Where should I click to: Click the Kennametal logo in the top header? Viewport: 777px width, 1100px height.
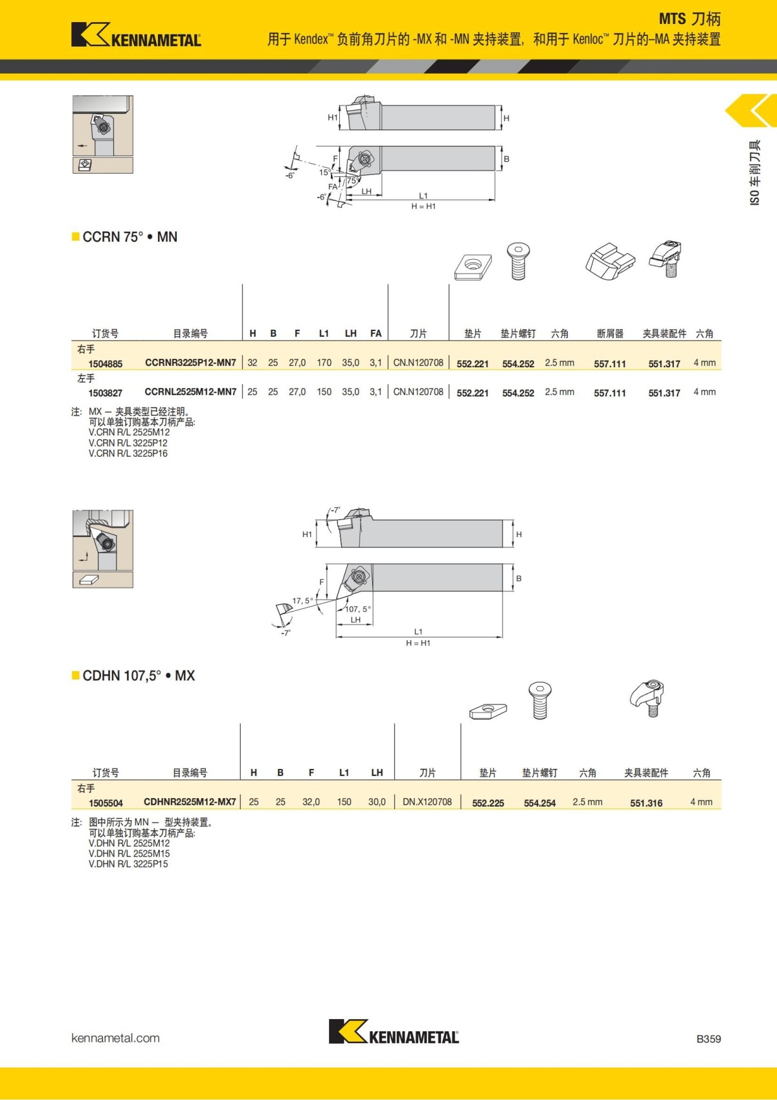tap(136, 35)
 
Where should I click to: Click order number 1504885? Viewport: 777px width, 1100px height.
tap(106, 364)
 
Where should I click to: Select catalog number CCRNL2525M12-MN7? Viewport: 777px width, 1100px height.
tap(190, 392)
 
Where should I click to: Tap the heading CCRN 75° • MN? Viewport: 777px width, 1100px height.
tap(129, 237)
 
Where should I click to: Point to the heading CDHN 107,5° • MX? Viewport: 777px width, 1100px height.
tap(138, 676)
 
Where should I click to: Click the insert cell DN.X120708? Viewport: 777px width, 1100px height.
tap(427, 802)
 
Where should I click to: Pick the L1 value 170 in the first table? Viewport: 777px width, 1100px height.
tap(324, 363)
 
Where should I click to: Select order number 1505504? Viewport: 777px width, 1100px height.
tap(106, 803)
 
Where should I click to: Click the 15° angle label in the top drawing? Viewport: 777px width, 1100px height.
tap(324, 172)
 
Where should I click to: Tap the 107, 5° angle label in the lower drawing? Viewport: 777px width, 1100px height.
tap(358, 609)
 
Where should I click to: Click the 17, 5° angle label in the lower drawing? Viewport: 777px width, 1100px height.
tap(302, 601)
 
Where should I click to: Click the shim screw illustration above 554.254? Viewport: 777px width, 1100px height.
tap(539, 700)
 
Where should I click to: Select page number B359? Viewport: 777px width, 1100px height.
tap(708, 1039)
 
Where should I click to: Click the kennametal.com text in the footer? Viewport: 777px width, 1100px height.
tap(115, 1038)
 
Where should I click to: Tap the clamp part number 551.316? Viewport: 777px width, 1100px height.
tap(646, 803)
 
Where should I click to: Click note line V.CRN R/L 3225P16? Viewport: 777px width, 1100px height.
tap(128, 453)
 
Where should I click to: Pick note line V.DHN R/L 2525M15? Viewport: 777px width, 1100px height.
tap(129, 854)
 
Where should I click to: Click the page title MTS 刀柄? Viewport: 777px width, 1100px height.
tap(690, 19)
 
